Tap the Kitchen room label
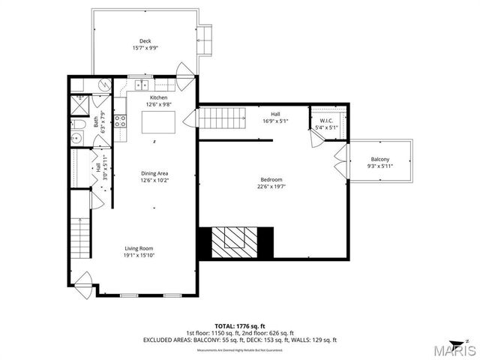(158, 98)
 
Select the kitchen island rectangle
(164, 121)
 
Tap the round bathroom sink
(76, 138)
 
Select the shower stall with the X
(76, 104)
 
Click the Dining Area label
(154, 173)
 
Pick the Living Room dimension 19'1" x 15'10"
(140, 255)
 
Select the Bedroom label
(271, 179)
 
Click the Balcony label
(379, 159)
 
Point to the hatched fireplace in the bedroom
(235, 240)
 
